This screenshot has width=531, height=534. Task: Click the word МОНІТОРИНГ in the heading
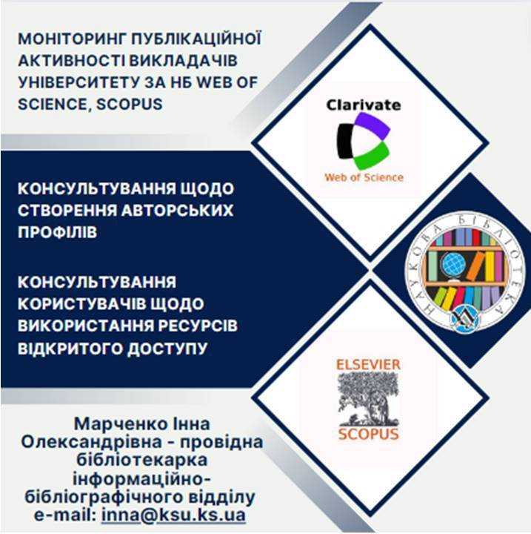point(73,39)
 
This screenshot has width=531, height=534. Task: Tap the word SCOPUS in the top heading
point(130,105)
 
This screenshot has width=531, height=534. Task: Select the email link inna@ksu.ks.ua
point(173,515)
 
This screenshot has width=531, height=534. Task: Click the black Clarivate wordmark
point(364,105)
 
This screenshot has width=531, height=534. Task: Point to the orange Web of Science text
point(364,177)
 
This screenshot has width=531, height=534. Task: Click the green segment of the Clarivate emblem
point(372,156)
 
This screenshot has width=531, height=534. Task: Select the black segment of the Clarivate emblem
point(345,141)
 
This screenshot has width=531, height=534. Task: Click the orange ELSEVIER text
point(368,365)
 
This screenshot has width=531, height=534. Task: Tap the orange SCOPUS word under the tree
point(368,434)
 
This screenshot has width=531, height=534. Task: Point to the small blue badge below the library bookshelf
point(464,321)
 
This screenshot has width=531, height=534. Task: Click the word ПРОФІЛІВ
point(58,232)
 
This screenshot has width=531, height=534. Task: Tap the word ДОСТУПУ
point(167,349)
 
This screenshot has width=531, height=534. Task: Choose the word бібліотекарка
point(141,460)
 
